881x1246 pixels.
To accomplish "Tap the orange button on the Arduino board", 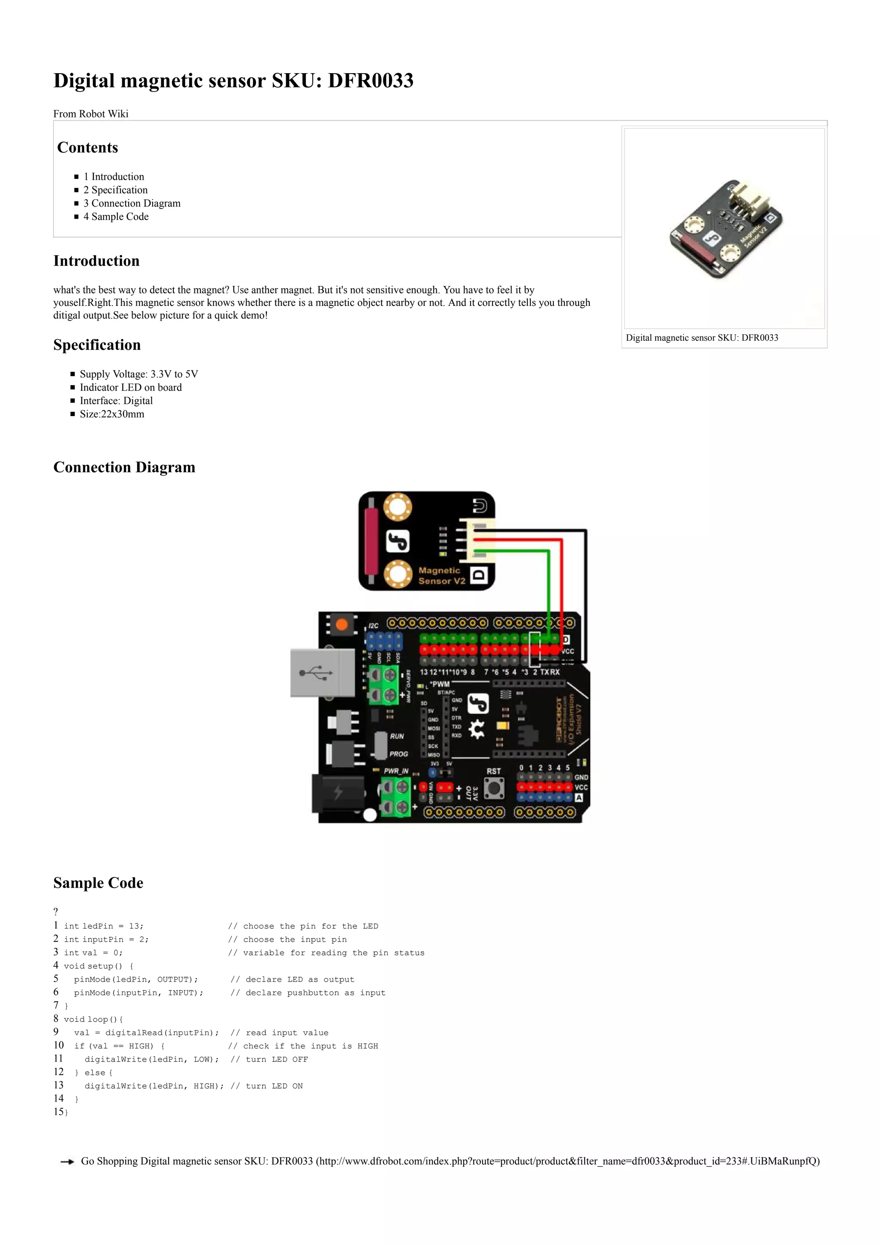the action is pos(342,625).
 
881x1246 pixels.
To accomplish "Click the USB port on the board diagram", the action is pos(322,673).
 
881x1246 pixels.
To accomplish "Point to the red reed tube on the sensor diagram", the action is pos(372,541).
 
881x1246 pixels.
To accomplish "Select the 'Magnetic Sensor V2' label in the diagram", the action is pos(442,576).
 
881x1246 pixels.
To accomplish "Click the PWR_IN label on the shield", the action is pos(396,771).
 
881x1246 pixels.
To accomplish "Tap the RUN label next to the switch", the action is pos(397,737).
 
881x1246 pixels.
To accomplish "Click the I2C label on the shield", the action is pos(374,626).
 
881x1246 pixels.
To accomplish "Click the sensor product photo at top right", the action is pos(725,228).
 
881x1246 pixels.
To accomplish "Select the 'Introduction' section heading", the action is pos(96,261).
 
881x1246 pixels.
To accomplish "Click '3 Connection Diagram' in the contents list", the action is pos(132,204).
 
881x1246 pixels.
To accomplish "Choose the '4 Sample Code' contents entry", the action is pos(116,216).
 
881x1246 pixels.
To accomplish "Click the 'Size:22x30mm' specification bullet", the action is pos(112,414).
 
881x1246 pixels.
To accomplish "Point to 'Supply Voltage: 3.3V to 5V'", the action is pos(139,374).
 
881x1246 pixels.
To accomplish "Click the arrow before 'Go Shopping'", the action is pos(67,1162).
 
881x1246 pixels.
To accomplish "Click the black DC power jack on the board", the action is pos(337,793).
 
